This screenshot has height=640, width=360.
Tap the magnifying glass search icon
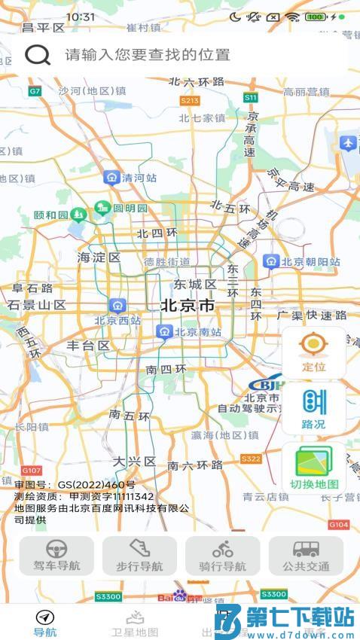click(x=38, y=54)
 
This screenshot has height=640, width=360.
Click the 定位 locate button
click(x=313, y=352)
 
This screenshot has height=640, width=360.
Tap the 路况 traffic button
click(x=313, y=409)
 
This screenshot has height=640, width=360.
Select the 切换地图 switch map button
click(x=314, y=468)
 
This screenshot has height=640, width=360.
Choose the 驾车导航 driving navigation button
click(x=57, y=556)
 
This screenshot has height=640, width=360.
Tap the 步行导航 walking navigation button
click(x=140, y=556)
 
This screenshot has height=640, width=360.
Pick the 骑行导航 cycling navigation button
click(x=223, y=556)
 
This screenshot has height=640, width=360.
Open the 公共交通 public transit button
click(x=306, y=556)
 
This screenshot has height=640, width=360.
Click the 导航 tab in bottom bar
click(x=45, y=623)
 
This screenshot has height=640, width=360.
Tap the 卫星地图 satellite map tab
click(x=135, y=623)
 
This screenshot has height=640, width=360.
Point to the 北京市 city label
click(x=188, y=306)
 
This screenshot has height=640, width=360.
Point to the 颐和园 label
click(x=51, y=215)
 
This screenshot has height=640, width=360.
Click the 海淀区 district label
click(x=99, y=258)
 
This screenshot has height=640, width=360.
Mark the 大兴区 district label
click(x=134, y=461)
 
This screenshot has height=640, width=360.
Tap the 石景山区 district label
click(x=37, y=305)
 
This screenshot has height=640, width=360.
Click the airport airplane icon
click(x=347, y=142)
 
